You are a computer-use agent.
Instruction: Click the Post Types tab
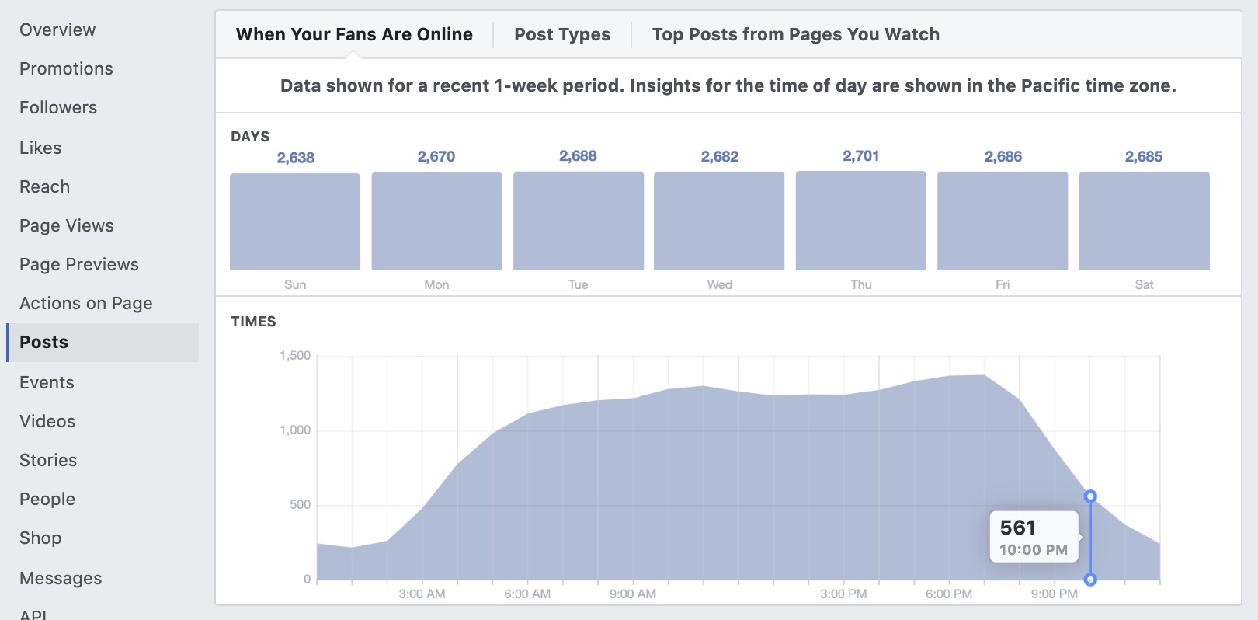[x=562, y=34]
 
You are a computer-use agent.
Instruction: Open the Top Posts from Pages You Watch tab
[x=795, y=34]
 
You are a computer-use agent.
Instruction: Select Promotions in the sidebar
[x=66, y=68]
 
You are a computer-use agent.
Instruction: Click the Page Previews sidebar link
[x=79, y=264]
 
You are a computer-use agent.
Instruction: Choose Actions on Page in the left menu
[x=85, y=303]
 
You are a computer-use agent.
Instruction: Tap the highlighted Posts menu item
[x=44, y=342]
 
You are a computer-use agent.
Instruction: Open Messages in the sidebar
[x=61, y=578]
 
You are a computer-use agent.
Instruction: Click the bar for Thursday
[x=860, y=221]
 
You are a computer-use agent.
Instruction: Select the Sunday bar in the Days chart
[x=295, y=222]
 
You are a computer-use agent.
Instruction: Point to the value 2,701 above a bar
[x=860, y=156]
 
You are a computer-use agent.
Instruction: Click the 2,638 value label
[x=295, y=158]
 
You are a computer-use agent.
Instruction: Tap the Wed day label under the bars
[x=719, y=284]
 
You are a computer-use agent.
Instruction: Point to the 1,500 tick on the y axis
[x=295, y=356]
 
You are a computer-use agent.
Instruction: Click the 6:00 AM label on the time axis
[x=527, y=594]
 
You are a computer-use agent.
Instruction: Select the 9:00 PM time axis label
[x=1054, y=594]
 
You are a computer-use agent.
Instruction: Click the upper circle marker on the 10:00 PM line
[x=1090, y=496]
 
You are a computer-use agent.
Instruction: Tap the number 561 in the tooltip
[x=1017, y=528]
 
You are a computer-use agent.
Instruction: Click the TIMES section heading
[x=253, y=322]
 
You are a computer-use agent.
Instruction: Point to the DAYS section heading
[x=250, y=137]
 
